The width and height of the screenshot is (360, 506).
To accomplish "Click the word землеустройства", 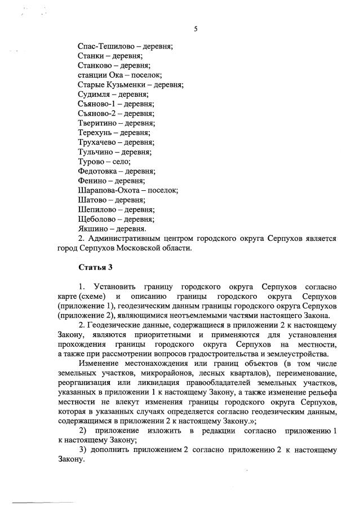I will point(294,354).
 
